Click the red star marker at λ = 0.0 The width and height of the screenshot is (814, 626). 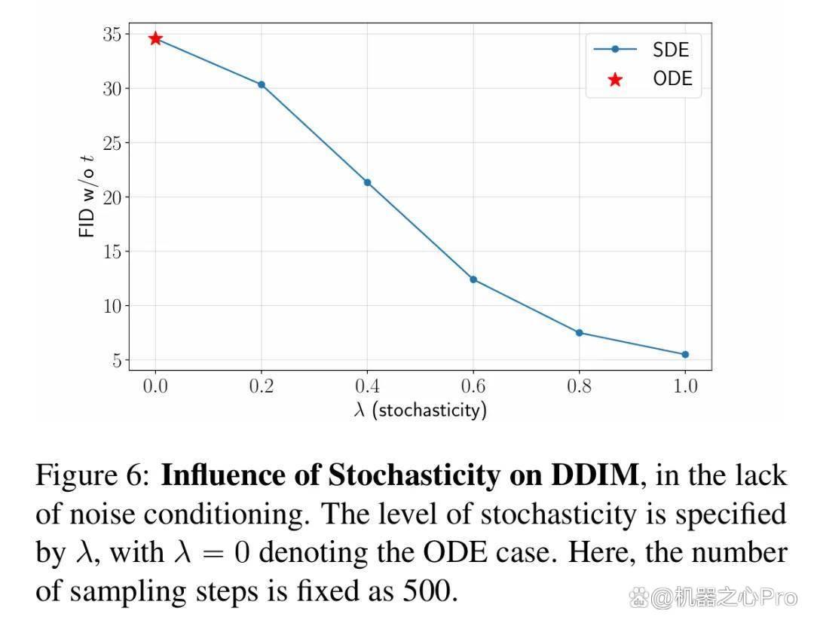pos(155,38)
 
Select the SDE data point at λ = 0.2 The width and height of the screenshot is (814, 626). pos(262,84)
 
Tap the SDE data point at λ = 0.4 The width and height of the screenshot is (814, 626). pos(368,182)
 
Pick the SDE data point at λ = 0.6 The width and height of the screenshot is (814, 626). pos(473,279)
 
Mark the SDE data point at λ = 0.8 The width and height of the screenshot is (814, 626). pos(580,333)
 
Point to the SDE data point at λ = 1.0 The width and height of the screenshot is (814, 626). pos(685,355)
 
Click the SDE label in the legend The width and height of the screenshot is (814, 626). pos(671,50)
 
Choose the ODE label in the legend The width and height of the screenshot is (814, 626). pos(673,79)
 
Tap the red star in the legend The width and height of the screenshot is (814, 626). pos(615,79)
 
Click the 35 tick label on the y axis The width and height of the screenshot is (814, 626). pos(112,34)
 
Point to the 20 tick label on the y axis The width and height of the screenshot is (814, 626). pos(112,197)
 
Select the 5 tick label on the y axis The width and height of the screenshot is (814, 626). pos(118,360)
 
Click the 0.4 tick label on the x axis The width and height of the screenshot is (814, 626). pos(368,386)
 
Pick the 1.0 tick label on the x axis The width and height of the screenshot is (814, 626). pos(685,386)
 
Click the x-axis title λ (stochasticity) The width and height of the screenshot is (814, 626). pos(421,410)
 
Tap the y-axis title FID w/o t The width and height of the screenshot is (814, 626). pos(87,196)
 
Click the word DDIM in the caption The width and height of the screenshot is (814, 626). pos(595,475)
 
